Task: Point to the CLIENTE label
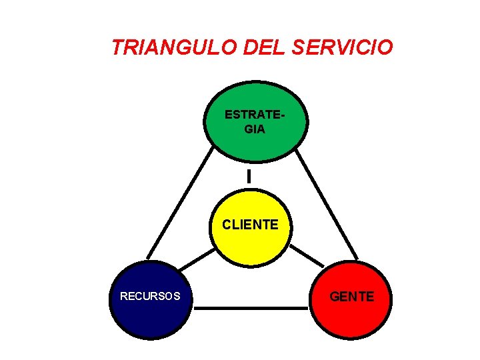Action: click(x=251, y=225)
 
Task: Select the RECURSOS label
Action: click(x=150, y=296)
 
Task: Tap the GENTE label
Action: click(x=352, y=296)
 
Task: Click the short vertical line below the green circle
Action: click(x=249, y=177)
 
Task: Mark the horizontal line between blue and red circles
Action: click(x=251, y=308)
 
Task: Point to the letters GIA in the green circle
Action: click(x=255, y=129)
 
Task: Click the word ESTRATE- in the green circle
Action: click(x=255, y=115)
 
